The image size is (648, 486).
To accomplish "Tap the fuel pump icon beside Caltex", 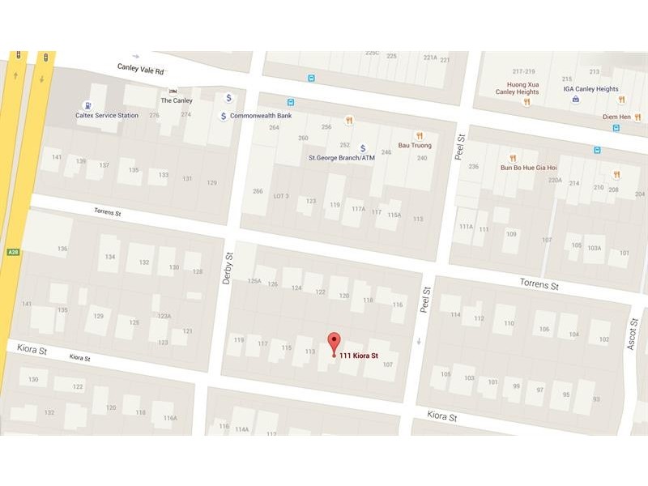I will click(x=87, y=105).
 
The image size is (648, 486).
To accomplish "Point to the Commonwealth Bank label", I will click(x=261, y=116).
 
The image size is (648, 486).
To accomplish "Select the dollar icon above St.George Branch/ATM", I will click(x=362, y=148).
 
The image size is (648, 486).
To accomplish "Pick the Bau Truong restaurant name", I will click(x=415, y=146).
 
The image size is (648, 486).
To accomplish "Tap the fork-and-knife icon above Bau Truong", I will click(x=419, y=135).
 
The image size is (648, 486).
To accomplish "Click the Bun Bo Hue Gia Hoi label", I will click(x=528, y=168).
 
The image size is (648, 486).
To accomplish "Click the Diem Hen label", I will click(x=616, y=117).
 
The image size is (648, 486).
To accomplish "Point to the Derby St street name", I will click(x=228, y=267).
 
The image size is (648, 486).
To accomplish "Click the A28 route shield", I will click(x=13, y=253).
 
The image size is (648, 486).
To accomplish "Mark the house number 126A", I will click(x=254, y=281).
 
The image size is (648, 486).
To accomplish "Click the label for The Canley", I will click(x=176, y=100).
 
